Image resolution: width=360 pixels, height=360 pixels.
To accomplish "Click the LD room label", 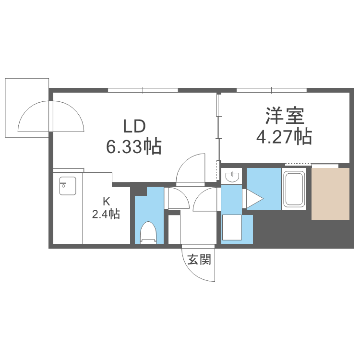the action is tap(134, 126).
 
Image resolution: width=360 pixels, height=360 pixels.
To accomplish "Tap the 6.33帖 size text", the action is tap(134, 146).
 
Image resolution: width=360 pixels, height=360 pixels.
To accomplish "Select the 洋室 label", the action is tap(285, 116).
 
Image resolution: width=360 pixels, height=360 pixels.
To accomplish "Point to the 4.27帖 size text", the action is tap(284, 137).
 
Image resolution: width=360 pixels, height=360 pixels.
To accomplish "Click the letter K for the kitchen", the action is tap(106, 202).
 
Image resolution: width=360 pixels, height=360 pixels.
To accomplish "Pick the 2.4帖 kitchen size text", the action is tap(106, 214).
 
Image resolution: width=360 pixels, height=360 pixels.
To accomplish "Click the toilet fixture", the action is tap(148, 232).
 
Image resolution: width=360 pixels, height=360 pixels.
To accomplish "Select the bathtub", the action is tap(294, 189).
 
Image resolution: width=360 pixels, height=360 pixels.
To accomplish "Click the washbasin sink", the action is tap(232, 177).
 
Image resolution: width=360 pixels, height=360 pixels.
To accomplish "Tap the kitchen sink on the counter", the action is tap(68, 186).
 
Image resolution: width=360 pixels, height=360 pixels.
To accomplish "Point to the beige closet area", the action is tap(330, 194).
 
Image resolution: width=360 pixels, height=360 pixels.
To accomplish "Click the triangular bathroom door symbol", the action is tap(254, 199).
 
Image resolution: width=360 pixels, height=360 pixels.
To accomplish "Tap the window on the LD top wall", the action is tap(143, 90).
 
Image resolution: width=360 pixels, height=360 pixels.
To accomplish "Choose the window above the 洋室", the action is tap(272, 90).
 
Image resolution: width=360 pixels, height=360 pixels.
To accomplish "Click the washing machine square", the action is tap(232, 228).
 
